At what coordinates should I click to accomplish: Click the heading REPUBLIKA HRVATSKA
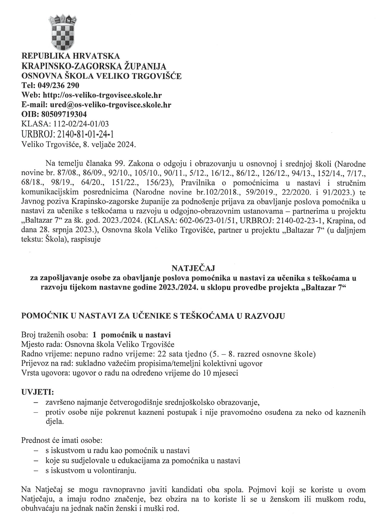pos(71,56)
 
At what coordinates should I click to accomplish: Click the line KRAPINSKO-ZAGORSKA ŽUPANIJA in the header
pos(94,66)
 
